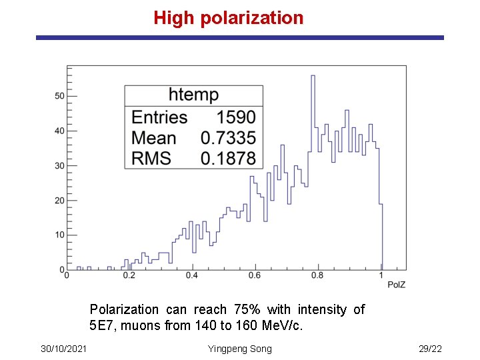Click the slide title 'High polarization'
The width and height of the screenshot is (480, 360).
[228, 18]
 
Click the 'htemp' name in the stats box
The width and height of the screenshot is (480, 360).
[193, 95]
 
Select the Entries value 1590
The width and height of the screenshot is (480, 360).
[235, 117]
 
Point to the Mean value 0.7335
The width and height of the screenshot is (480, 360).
[228, 138]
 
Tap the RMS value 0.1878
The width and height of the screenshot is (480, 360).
[228, 158]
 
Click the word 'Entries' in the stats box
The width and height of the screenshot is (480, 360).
[159, 117]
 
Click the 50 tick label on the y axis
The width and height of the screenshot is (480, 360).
[59, 96]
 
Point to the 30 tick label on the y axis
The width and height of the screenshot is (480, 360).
[59, 165]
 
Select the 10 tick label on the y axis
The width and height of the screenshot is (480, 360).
[59, 235]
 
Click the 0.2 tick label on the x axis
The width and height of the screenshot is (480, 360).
[129, 275]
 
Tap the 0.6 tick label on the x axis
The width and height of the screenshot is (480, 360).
[255, 275]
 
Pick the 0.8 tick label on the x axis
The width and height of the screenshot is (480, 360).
[317, 275]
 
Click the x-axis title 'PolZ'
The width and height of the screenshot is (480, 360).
[397, 285]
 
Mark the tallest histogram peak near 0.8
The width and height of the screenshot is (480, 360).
[313, 76]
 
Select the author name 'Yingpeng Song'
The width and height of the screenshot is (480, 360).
[240, 349]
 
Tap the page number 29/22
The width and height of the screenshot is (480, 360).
[430, 349]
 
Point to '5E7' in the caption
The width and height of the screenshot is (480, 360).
[101, 326]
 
